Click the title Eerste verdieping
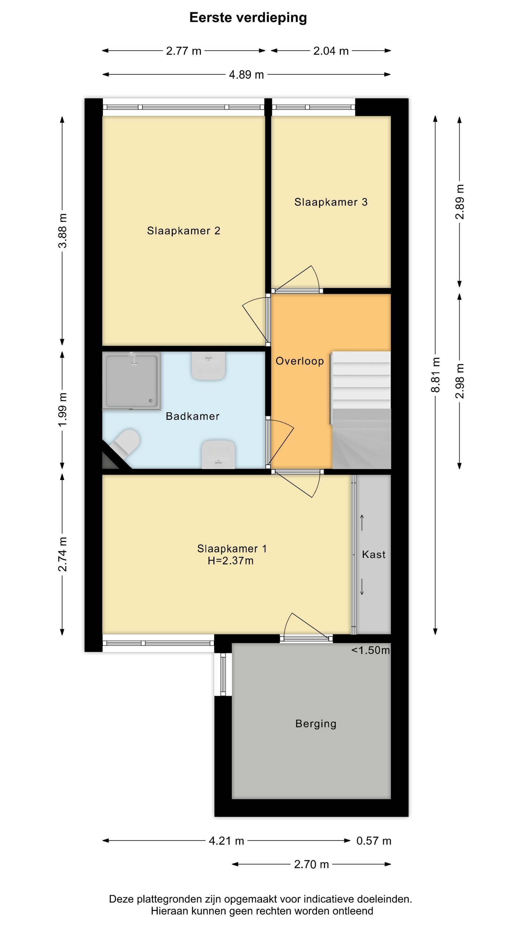[x=248, y=18]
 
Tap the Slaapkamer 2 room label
[x=184, y=231]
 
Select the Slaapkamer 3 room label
[x=331, y=202]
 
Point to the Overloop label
[x=300, y=361]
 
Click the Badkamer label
[x=193, y=416]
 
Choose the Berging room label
[x=316, y=724]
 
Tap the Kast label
[x=374, y=554]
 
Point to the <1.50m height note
[x=371, y=650]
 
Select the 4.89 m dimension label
[x=247, y=75]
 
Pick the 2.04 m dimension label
[x=331, y=51]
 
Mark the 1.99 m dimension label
[x=62, y=410]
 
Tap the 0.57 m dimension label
[x=374, y=841]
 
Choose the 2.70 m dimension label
[x=312, y=864]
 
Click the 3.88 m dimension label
[x=62, y=231]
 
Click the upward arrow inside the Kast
[x=362, y=523]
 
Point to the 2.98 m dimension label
[x=460, y=381]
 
